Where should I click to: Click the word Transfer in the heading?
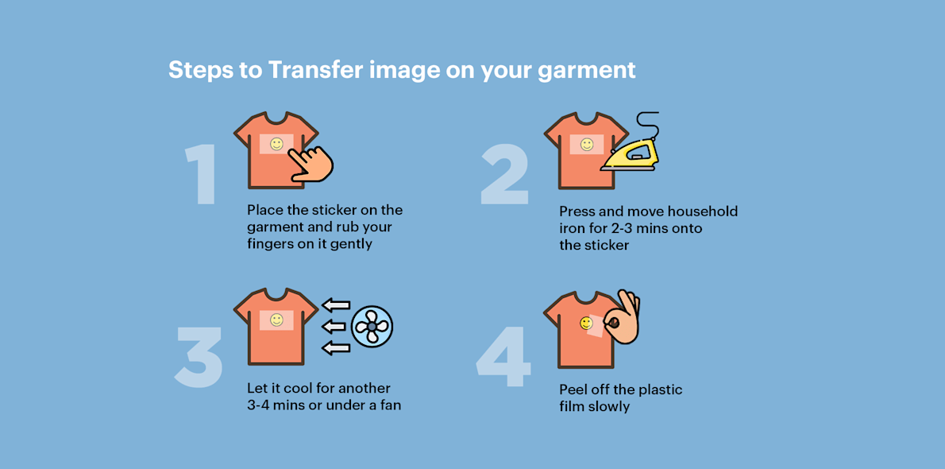click(x=315, y=70)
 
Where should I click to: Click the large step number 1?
click(x=202, y=176)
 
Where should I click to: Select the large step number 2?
click(x=505, y=175)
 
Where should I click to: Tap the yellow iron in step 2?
click(x=631, y=153)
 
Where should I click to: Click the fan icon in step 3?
click(x=372, y=326)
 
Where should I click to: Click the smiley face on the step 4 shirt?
click(x=586, y=323)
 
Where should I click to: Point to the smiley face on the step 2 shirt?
click(x=587, y=145)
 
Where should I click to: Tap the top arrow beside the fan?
click(x=336, y=304)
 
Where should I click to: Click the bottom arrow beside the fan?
click(x=336, y=347)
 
